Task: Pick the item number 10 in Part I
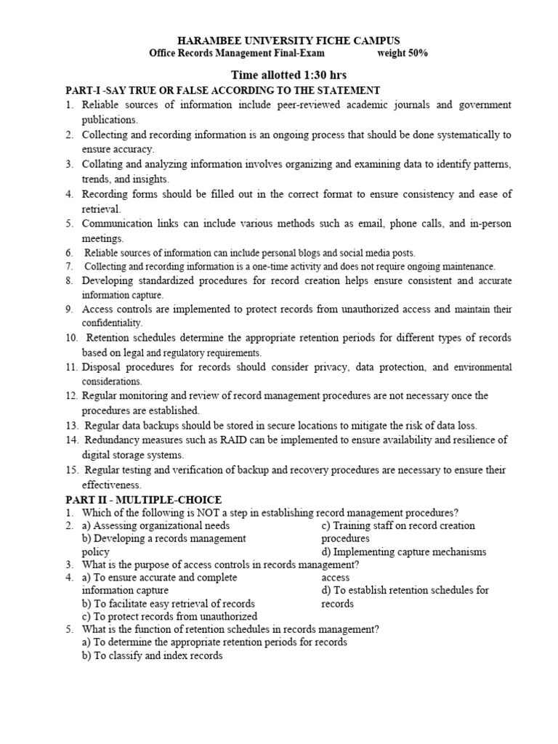(x=71, y=338)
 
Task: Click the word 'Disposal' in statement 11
(x=102, y=367)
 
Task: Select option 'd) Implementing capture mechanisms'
(x=403, y=551)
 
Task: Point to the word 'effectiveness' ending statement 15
(x=111, y=485)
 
